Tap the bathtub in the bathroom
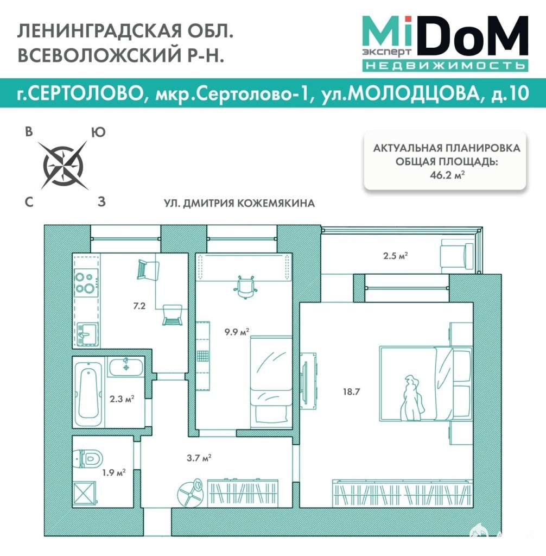pyautogui.click(x=88, y=392)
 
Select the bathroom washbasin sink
pyautogui.click(x=126, y=367)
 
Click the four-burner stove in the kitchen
pyautogui.click(x=86, y=282)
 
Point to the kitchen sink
pyautogui.click(x=87, y=334)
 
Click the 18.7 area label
pyautogui.click(x=351, y=392)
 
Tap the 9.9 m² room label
pyautogui.click(x=237, y=332)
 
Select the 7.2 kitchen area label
pyautogui.click(x=139, y=306)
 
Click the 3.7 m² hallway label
pyautogui.click(x=199, y=458)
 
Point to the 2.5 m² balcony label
pyautogui.click(x=395, y=255)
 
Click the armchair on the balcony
pyautogui.click(x=456, y=256)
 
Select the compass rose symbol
pyautogui.click(x=63, y=165)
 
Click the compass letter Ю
pyautogui.click(x=98, y=132)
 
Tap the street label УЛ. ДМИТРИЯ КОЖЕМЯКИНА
pyautogui.click(x=239, y=203)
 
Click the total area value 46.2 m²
pyautogui.click(x=447, y=175)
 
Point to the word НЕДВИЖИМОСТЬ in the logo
pyautogui.click(x=445, y=66)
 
